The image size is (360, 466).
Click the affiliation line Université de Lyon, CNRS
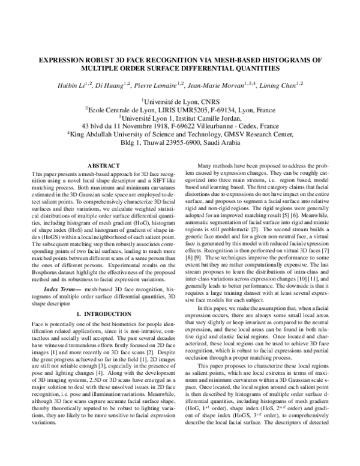pyautogui.click(x=179, y=102)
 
